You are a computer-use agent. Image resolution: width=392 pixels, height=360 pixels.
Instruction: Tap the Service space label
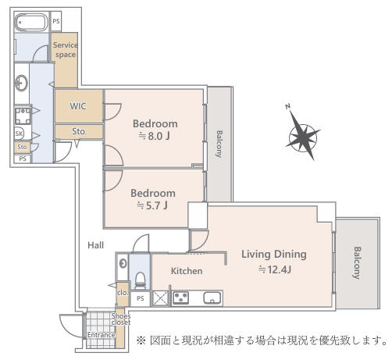(x=65, y=50)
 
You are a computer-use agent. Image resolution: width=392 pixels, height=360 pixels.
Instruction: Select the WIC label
(x=78, y=105)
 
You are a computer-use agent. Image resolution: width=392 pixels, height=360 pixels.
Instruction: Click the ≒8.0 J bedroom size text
(x=155, y=136)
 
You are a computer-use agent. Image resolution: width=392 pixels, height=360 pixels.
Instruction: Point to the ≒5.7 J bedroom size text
(x=153, y=205)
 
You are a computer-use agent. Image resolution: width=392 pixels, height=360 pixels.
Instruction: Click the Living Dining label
(x=273, y=254)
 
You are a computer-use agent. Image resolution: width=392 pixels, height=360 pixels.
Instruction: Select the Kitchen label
(x=187, y=271)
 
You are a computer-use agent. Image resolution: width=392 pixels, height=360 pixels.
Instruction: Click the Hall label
(x=95, y=245)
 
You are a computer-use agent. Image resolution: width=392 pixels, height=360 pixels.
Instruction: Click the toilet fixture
(x=141, y=279)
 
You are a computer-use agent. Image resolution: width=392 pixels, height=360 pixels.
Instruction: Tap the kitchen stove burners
(x=181, y=298)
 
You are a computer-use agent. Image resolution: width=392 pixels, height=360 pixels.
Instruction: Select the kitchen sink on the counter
(x=212, y=298)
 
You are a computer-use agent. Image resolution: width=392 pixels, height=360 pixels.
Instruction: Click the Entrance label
(x=101, y=336)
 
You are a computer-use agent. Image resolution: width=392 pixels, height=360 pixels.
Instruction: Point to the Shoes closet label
(x=121, y=318)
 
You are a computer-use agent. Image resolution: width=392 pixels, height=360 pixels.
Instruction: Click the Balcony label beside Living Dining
(x=357, y=263)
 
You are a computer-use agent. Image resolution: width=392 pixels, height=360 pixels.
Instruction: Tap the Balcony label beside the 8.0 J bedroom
(x=219, y=143)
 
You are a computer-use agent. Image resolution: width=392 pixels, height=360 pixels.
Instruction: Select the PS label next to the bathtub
(x=56, y=21)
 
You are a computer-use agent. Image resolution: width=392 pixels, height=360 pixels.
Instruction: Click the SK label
(x=20, y=134)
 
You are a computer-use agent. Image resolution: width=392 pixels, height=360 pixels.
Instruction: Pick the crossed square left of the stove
(x=160, y=298)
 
